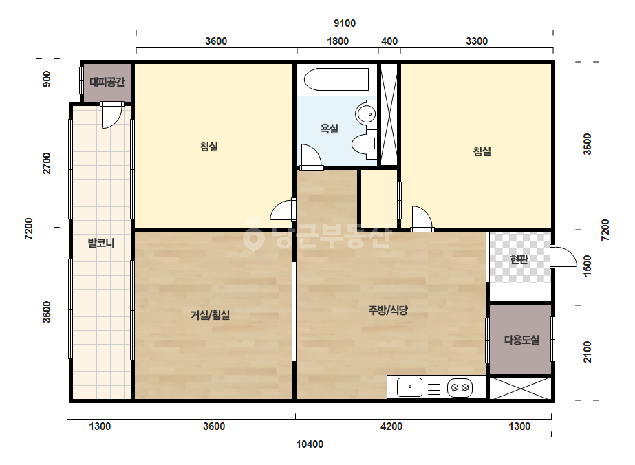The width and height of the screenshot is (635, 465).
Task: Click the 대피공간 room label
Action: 107,83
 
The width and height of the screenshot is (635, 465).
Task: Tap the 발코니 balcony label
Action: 101,243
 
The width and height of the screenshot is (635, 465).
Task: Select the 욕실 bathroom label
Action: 329,129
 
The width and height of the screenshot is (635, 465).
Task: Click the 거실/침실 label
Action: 211,315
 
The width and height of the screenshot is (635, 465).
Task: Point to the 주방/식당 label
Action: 388,310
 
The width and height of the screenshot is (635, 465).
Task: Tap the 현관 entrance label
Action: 519,259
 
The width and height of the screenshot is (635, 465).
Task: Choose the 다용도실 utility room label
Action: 521,340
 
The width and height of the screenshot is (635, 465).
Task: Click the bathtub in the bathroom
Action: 336,79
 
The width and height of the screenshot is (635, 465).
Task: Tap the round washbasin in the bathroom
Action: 366,114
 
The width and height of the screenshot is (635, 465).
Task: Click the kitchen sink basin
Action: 409,387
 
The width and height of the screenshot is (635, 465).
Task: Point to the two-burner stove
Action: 460,388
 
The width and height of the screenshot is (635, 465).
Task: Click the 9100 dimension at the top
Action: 345,23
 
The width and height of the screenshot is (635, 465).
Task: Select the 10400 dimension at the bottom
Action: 310,444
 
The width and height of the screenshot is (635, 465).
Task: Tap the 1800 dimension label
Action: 338,41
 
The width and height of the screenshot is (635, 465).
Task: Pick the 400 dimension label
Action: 389,41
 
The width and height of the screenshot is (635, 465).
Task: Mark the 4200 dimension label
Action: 391,426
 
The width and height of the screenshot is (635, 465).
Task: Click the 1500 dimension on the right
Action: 588,266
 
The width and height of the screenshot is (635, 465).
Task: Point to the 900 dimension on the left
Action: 47,78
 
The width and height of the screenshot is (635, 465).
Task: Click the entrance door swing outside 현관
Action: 563,257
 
